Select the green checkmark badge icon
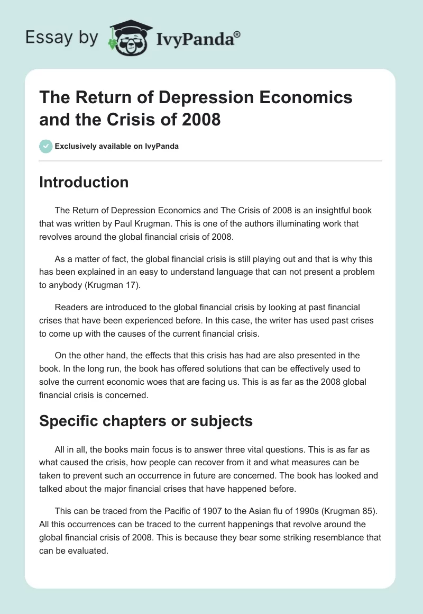pyautogui.click(x=45, y=146)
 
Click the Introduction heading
pyautogui.click(x=84, y=182)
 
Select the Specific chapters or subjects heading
pyautogui.click(x=145, y=421)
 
